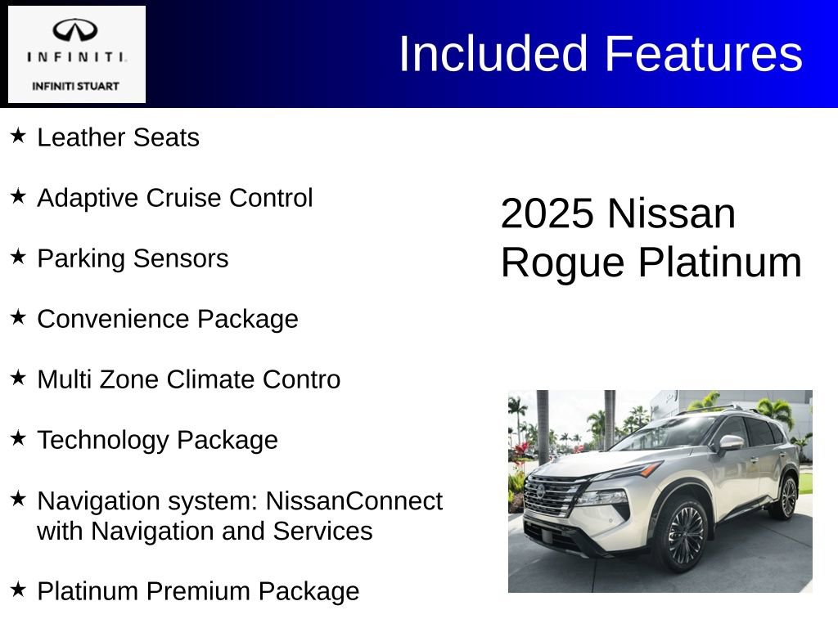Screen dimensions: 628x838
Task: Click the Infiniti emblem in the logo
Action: pos(76,30)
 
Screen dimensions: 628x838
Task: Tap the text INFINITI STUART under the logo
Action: pos(75,86)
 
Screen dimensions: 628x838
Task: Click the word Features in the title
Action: pos(704,54)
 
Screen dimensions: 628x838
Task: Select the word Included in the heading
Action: pos(493,54)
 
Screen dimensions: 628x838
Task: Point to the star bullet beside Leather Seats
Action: pos(19,135)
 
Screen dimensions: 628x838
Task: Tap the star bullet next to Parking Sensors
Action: pos(19,256)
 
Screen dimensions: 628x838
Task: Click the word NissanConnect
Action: pos(354,500)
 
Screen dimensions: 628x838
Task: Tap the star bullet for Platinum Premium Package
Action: pos(19,588)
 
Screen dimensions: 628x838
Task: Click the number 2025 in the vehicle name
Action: pos(547,213)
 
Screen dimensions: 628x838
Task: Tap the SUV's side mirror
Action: pos(731,443)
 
